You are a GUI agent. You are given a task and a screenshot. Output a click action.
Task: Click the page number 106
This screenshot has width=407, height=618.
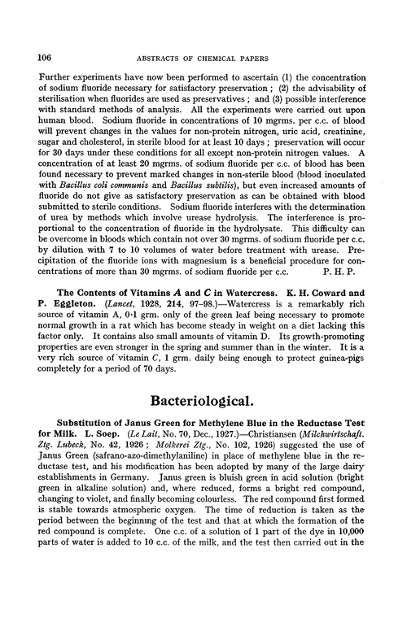36,58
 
